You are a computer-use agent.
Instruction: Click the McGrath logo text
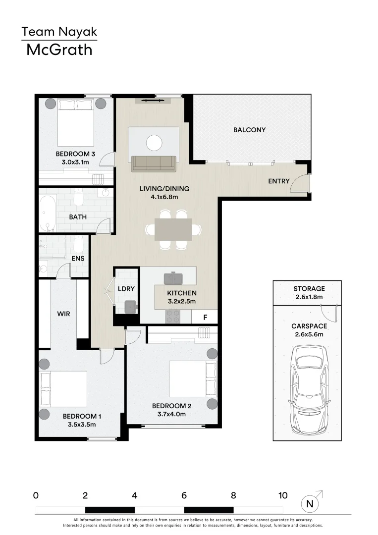tap(59, 50)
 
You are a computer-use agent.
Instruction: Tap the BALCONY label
tap(249, 130)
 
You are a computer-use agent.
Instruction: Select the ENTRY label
tap(279, 181)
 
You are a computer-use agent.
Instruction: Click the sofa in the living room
tap(154, 163)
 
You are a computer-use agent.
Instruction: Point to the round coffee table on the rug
tap(154, 143)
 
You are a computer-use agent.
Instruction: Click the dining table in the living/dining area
tap(173, 230)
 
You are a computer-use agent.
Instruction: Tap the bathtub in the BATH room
tap(48, 213)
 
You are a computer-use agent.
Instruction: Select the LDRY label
tap(126, 289)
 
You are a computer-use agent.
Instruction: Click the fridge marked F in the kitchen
tap(205, 317)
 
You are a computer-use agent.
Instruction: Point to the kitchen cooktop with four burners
tap(172, 316)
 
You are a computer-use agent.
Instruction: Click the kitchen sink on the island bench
tap(173, 278)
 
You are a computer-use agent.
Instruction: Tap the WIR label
tap(64, 314)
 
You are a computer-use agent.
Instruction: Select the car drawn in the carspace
tap(309, 389)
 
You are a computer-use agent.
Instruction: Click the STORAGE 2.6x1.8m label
tap(309, 293)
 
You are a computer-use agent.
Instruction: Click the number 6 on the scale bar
tap(184, 495)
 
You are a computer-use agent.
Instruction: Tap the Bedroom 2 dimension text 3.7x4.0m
tap(171, 414)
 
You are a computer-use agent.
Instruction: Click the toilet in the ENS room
tap(78, 243)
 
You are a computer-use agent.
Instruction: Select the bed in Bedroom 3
tap(75, 122)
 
